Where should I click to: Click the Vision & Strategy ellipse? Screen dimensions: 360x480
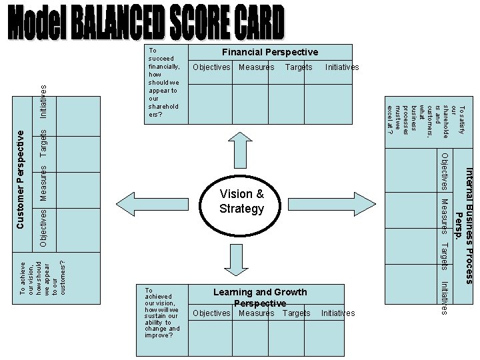(241, 201)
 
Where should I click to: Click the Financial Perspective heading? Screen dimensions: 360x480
(270, 52)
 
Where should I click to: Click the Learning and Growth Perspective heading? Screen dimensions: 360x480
(260, 297)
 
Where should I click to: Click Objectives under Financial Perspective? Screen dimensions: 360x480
(211, 67)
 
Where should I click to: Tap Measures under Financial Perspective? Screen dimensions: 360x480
(256, 67)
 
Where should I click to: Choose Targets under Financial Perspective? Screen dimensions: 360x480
(299, 67)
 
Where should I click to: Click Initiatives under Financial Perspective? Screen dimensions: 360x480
(342, 67)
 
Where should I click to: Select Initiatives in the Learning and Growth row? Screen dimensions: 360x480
(338, 313)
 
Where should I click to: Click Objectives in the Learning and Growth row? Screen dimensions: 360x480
(211, 313)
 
